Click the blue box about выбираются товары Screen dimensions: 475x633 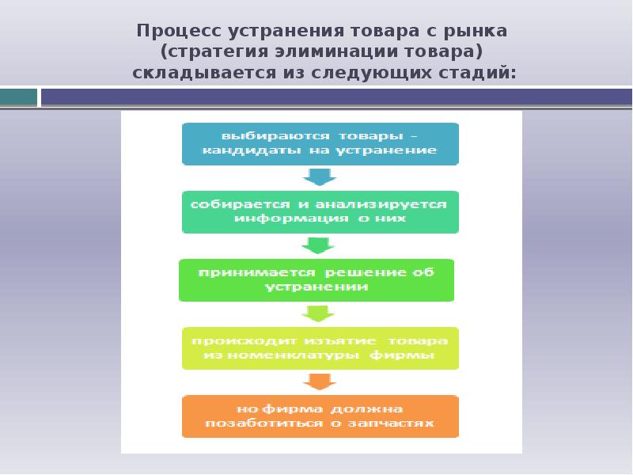[x=320, y=143]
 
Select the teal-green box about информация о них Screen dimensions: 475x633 [x=320, y=211]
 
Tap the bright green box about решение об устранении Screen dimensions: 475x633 [x=316, y=279]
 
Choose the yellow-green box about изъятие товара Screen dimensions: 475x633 [x=320, y=348]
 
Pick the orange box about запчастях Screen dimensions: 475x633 [x=320, y=416]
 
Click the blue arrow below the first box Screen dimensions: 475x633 [x=320, y=176]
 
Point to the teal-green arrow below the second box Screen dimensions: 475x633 [x=320, y=245]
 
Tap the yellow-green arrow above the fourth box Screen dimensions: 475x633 [x=320, y=313]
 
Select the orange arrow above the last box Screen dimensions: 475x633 [x=320, y=381]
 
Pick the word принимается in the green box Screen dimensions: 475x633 [x=243, y=272]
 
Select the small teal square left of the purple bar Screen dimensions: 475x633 [x=19, y=97]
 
